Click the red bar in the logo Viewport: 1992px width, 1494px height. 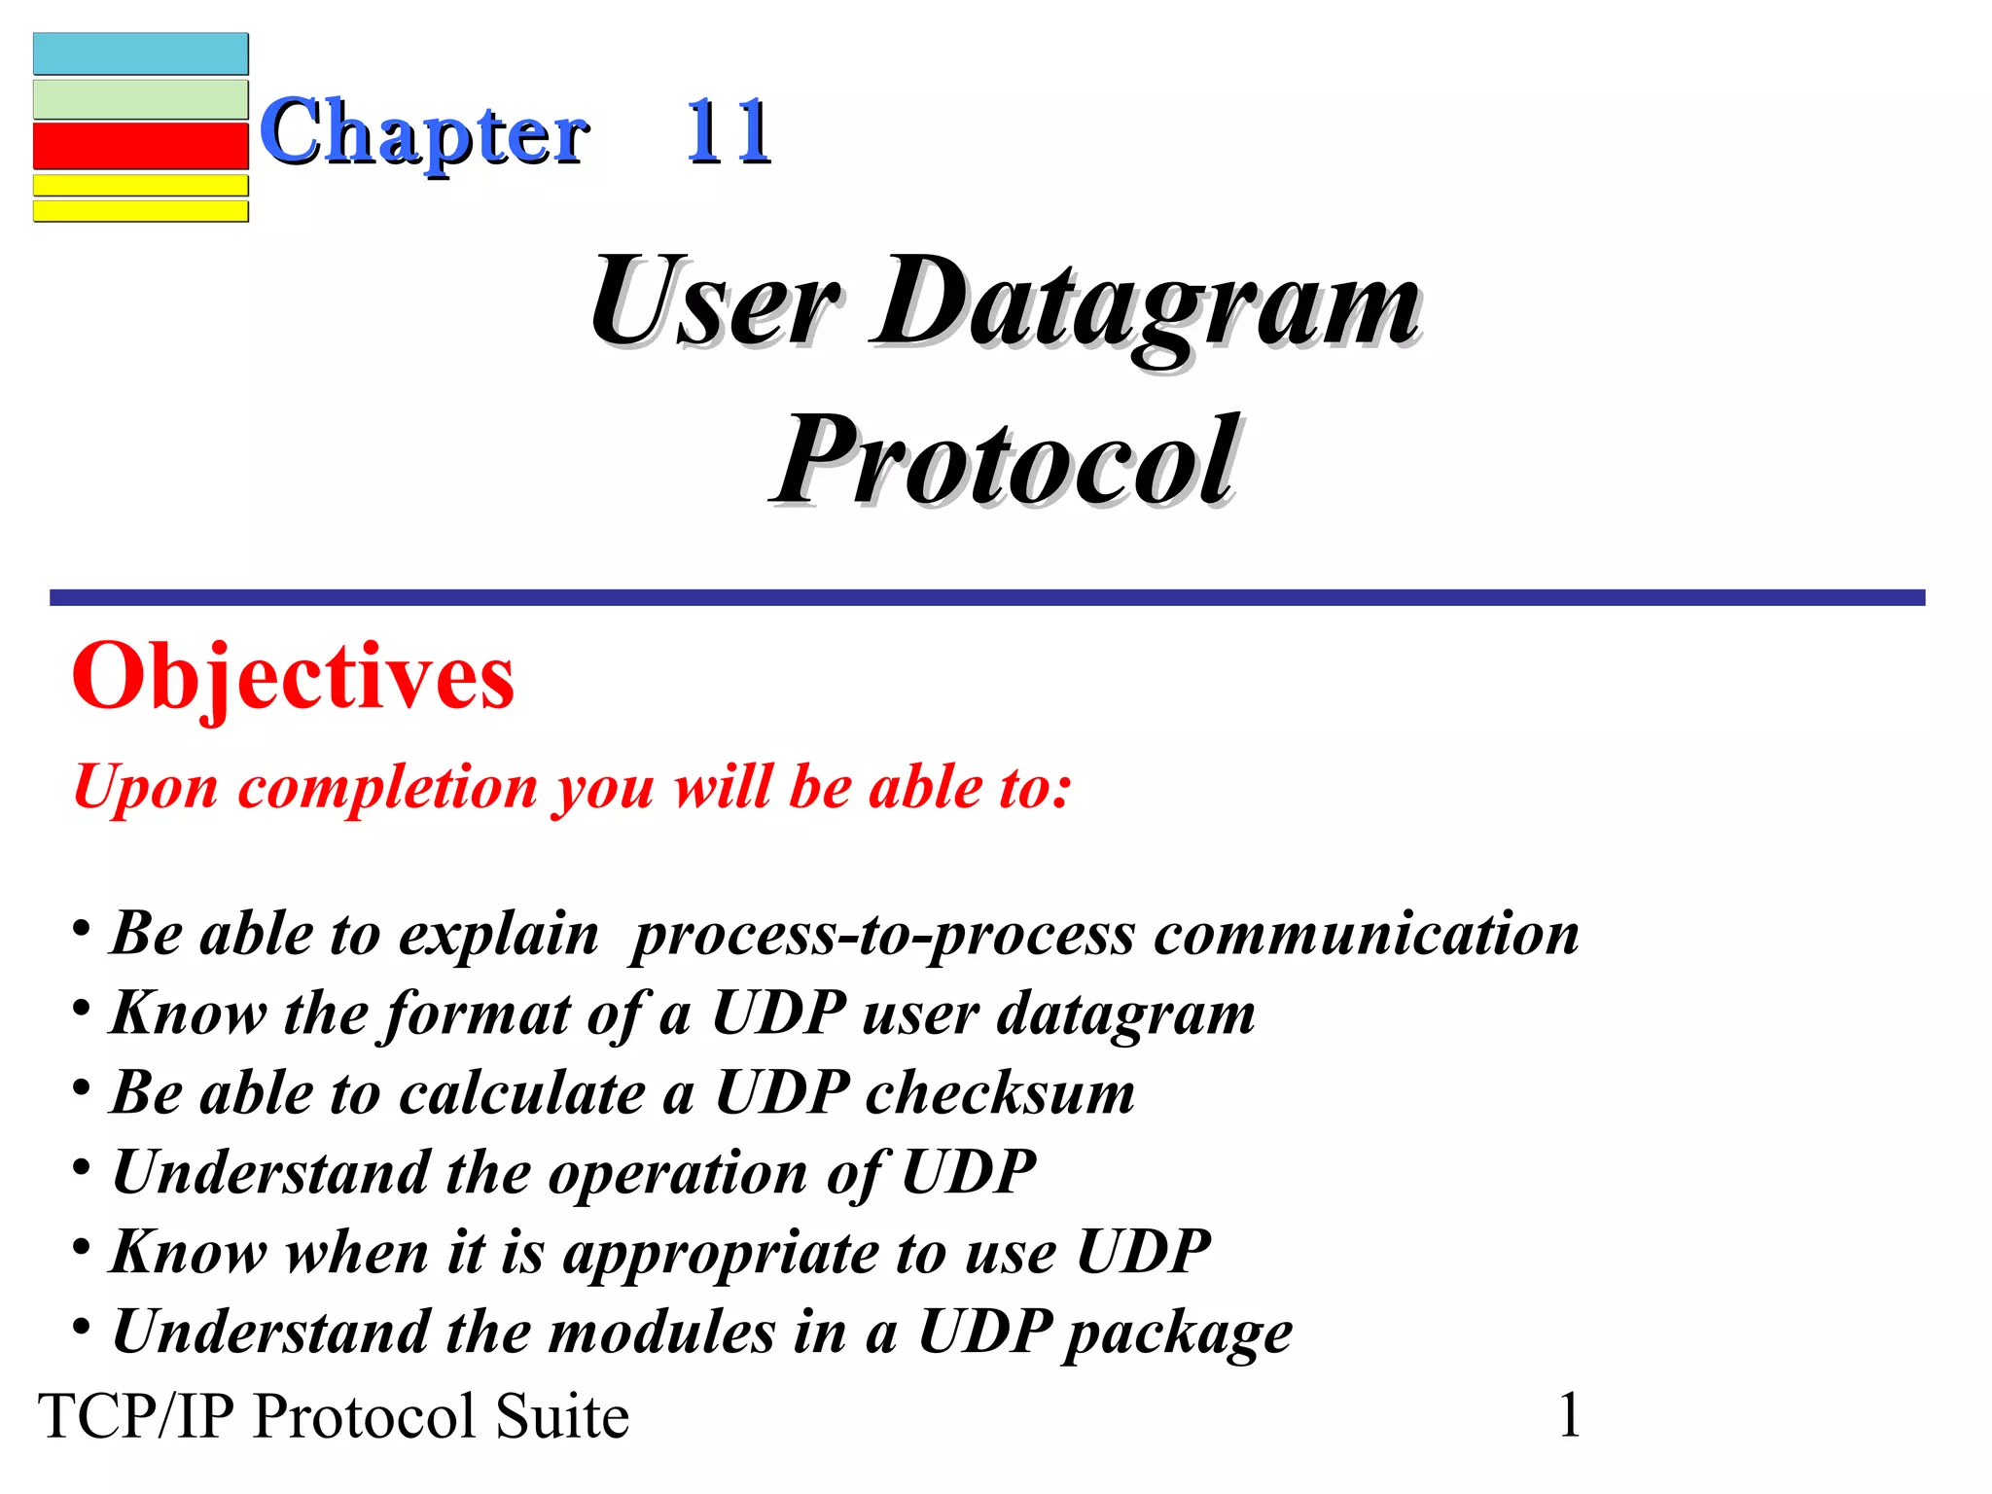click(141, 146)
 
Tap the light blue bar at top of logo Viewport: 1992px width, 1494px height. click(141, 53)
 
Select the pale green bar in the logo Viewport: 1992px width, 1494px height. click(141, 99)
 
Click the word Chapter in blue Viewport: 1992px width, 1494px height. click(424, 133)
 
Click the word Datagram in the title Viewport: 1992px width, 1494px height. click(1148, 302)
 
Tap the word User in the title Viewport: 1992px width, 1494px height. click(715, 302)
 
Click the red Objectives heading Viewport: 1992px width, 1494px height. click(293, 678)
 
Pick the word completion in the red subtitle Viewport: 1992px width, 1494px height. click(387, 787)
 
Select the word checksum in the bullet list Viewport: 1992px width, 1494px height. click(1000, 1093)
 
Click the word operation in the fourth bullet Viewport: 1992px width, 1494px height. click(677, 1173)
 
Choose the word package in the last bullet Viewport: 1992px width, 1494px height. click(1178, 1333)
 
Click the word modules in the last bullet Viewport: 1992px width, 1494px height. click(661, 1332)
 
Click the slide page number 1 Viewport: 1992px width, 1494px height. click(1570, 1414)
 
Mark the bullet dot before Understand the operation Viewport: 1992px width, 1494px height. click(82, 1165)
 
